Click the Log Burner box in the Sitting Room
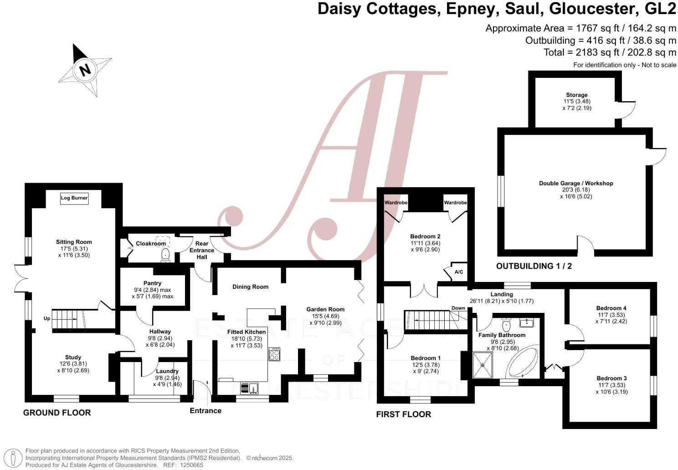[x=74, y=198]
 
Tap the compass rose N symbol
[x=85, y=70]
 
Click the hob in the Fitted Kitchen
[x=274, y=354]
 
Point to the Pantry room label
[x=152, y=283]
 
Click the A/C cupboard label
[x=458, y=272]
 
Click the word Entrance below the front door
[x=205, y=411]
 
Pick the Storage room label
[x=577, y=95]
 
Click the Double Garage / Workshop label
[x=576, y=184]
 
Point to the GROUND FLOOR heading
[x=57, y=413]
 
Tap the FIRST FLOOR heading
[x=403, y=414]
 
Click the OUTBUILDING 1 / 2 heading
[x=534, y=266]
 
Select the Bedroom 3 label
[x=611, y=378]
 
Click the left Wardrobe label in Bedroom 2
[x=396, y=203]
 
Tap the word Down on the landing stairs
[x=458, y=308]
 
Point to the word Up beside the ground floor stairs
[x=46, y=318]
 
